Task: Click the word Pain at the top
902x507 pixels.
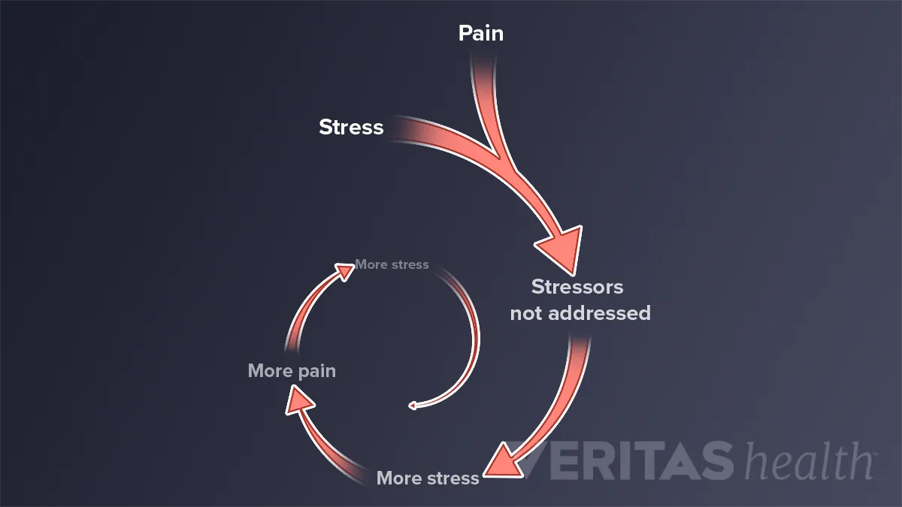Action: (481, 34)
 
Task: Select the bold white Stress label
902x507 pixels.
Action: (351, 127)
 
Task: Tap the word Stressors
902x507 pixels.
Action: (577, 286)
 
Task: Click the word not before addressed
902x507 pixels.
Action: (527, 313)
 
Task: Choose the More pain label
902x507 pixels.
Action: (292, 371)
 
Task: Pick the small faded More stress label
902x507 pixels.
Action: (392, 264)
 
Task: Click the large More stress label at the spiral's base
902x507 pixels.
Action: (428, 478)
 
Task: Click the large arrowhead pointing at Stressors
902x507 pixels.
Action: (560, 248)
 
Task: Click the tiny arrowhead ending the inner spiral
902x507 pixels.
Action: (412, 406)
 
